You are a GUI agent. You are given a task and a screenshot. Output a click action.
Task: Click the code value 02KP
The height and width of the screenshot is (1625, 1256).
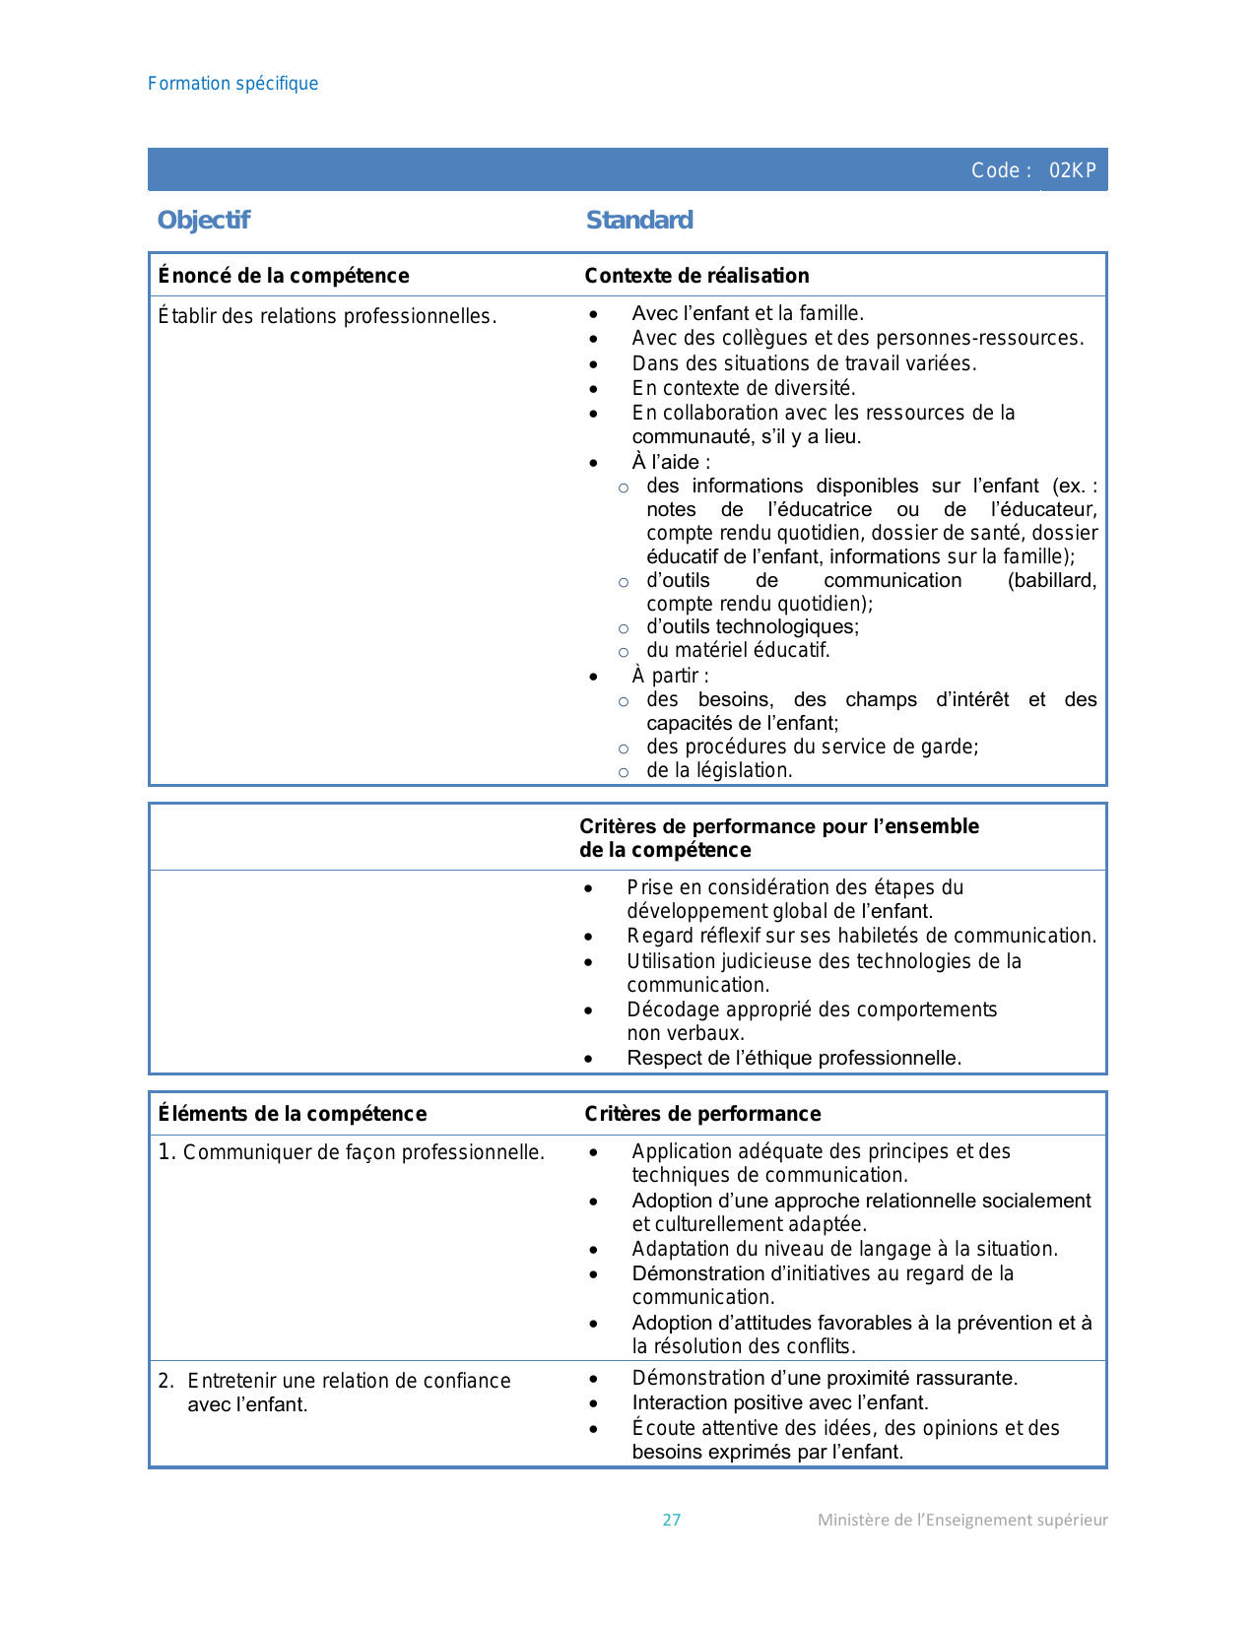1072,170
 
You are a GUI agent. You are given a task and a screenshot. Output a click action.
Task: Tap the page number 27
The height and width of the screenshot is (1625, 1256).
672,1520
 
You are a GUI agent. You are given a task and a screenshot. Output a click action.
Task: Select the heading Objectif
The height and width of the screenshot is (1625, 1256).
204,220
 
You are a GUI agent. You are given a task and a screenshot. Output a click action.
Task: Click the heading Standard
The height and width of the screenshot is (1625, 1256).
639,220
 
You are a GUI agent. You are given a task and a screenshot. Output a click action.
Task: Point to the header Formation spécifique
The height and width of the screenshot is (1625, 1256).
232,84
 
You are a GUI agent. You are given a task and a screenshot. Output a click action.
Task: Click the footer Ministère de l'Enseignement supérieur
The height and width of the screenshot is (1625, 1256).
962,1520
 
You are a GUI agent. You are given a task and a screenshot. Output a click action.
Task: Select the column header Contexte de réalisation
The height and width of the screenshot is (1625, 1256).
696,276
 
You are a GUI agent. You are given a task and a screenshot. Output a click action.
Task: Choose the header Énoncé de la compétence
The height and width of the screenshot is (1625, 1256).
284,276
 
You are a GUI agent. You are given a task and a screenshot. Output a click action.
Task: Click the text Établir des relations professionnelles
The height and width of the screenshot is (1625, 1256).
327,316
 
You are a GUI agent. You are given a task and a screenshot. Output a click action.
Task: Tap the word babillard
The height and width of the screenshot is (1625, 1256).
1051,580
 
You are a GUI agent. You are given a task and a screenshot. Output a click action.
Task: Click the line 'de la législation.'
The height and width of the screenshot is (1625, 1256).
719,770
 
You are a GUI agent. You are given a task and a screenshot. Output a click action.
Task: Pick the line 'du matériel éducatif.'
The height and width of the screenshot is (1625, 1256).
738,650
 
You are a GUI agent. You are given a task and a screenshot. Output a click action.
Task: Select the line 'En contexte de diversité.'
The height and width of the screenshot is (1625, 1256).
744,388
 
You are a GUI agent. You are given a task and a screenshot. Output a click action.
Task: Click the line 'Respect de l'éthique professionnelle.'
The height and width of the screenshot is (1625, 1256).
794,1058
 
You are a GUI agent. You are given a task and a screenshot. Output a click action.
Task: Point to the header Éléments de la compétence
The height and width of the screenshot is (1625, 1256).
293,1114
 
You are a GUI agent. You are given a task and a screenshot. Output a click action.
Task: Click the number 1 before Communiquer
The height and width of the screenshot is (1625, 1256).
165,1151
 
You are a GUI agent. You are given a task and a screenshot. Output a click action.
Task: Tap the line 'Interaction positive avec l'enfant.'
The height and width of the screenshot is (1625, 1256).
780,1402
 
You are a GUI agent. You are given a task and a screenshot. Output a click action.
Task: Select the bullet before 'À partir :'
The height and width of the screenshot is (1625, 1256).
593,677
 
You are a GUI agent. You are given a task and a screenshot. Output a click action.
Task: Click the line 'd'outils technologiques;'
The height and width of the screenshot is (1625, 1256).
753,626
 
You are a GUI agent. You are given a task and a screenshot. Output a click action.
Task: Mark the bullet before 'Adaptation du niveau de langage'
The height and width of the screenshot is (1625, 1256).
593,1250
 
